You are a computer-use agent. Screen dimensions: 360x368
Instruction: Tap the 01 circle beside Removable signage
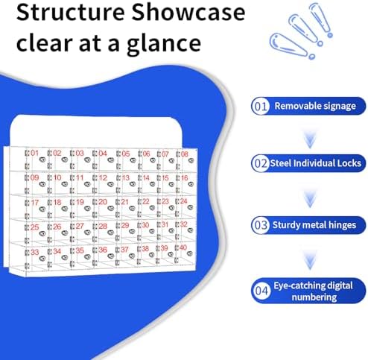click(260, 106)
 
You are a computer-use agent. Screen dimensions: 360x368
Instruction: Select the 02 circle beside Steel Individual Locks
click(260, 162)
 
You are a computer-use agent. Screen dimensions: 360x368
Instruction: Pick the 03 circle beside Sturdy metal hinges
click(260, 224)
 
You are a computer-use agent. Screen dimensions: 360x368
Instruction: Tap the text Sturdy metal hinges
click(315, 224)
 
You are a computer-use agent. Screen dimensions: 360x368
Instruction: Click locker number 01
click(34, 154)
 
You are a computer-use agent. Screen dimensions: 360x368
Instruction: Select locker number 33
click(34, 252)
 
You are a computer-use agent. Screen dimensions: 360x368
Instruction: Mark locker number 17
click(34, 203)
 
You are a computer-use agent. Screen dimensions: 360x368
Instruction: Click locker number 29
click(124, 225)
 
